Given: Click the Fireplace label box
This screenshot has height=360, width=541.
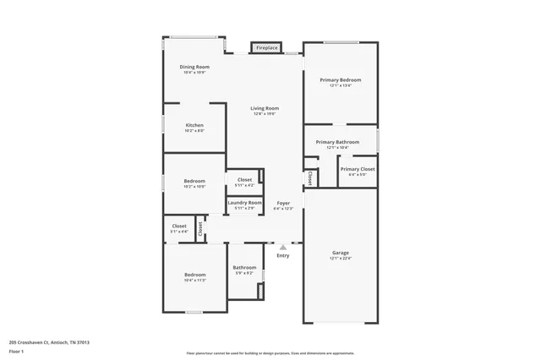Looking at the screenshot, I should (266, 48).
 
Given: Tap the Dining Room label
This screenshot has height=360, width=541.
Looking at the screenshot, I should (194, 68).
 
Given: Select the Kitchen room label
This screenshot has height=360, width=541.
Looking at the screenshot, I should (194, 127).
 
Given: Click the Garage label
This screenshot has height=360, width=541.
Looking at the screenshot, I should (341, 254).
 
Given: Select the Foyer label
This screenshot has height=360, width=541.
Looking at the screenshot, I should (283, 205).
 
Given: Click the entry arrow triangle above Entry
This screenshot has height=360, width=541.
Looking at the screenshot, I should (282, 248).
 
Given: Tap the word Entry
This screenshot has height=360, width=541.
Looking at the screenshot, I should (282, 255).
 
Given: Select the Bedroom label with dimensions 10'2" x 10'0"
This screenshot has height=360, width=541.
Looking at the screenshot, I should (194, 183).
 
